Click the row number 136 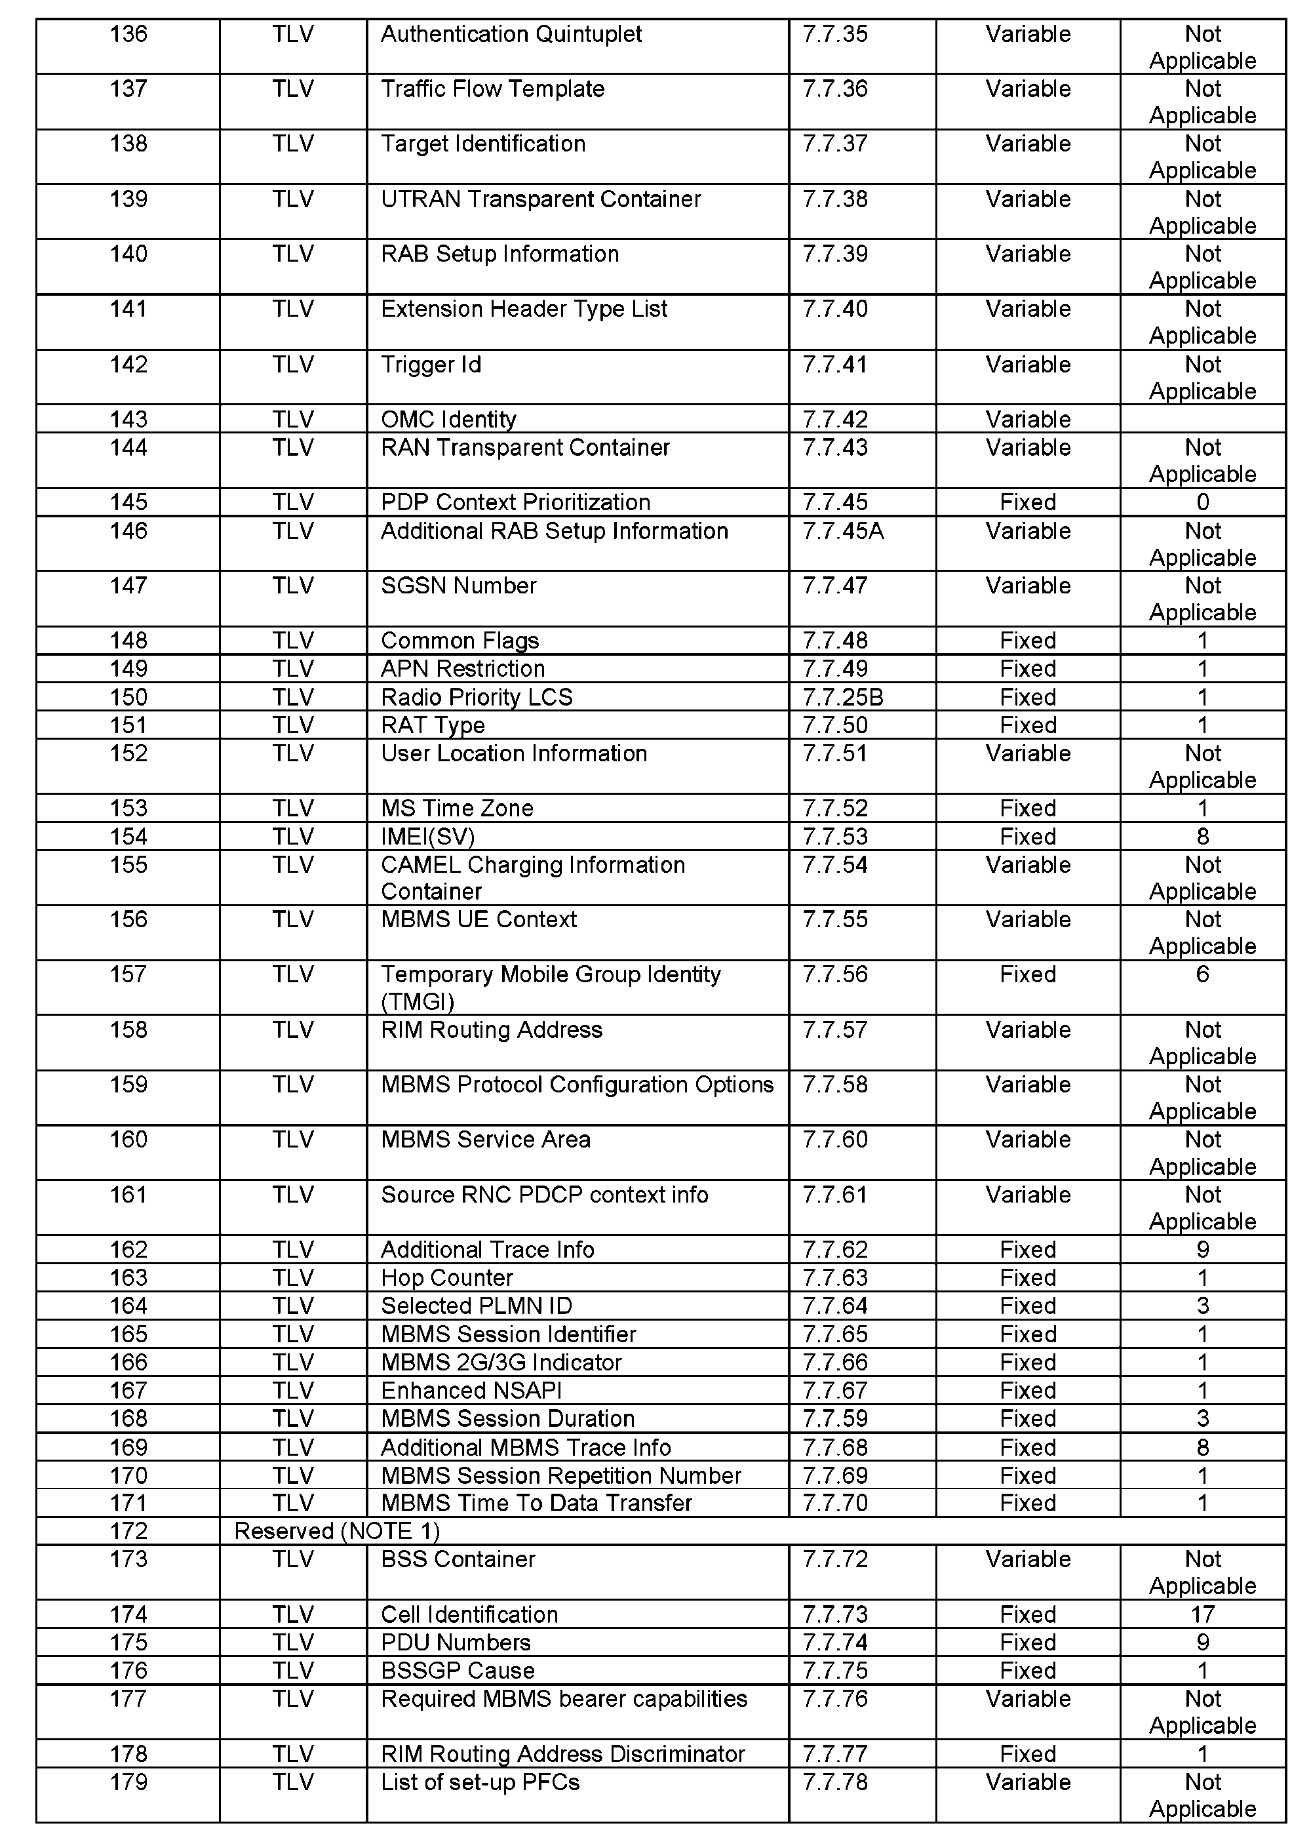(x=128, y=35)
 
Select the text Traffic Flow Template (x=492, y=89)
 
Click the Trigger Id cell (x=431, y=365)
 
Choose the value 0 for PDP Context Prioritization (x=1202, y=502)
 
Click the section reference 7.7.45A (x=843, y=531)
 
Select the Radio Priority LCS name (x=477, y=697)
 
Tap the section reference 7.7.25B (x=843, y=697)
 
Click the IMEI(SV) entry (x=428, y=837)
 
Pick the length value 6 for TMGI (x=1202, y=974)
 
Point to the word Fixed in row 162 (x=1028, y=1250)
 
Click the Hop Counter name (x=446, y=1278)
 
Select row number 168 (x=128, y=1418)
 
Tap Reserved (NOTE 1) (x=337, y=1531)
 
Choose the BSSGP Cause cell (x=458, y=1671)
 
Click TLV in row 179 (x=292, y=1782)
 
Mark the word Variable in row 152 (x=1028, y=753)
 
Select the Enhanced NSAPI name (x=471, y=1390)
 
